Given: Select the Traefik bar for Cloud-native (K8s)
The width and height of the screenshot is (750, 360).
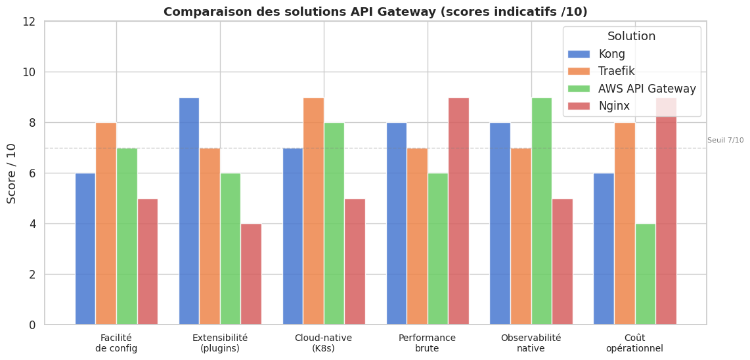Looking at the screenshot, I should (x=313, y=211).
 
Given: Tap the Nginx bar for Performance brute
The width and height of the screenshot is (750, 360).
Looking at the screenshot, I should (x=458, y=211).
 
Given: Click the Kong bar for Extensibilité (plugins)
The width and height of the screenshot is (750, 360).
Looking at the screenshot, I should (x=189, y=211).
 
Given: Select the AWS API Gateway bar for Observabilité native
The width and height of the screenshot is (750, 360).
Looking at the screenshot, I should (x=541, y=211).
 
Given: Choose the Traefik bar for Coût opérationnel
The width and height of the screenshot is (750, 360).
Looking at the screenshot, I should (x=625, y=223).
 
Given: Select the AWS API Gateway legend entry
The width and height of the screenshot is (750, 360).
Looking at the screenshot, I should (x=647, y=89).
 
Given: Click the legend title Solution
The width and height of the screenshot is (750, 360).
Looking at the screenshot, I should (x=631, y=36).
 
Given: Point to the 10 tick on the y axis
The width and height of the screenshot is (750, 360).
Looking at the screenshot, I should (x=29, y=72).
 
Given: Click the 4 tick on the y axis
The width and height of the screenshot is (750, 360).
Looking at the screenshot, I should (x=32, y=224).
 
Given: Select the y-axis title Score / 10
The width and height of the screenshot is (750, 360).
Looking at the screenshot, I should (x=12, y=173).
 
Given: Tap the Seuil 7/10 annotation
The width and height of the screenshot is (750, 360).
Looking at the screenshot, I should (x=725, y=140).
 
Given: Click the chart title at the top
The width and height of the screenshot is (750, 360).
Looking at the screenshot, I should (x=375, y=12).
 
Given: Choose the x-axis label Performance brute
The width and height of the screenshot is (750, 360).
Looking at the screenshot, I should (x=427, y=343).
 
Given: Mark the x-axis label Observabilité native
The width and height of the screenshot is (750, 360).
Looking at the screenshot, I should (x=531, y=343).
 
